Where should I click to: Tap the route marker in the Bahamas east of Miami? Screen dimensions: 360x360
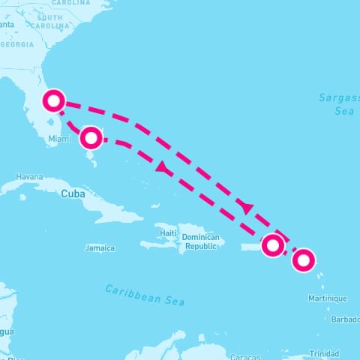pos(91,137)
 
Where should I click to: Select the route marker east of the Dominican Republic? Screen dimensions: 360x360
pos(273,244)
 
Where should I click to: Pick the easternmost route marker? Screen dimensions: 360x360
pos(303,260)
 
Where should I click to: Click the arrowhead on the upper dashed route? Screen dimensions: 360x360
pos(248,207)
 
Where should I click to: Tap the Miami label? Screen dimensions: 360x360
pos(58,139)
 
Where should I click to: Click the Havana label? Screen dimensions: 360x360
pos(29,177)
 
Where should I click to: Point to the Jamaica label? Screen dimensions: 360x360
pos(100,247)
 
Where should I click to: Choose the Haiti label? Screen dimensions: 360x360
pos(168,233)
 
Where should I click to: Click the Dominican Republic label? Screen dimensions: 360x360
pos(201,241)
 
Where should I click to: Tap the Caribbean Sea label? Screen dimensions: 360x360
pos(145,294)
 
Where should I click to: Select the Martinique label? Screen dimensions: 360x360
pos(328,298)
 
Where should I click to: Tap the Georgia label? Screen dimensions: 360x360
pos(17,45)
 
